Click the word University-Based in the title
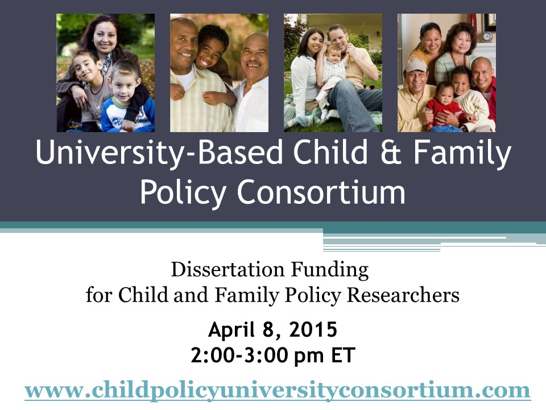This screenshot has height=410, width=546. click(x=159, y=153)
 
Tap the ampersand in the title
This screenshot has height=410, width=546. click(x=391, y=152)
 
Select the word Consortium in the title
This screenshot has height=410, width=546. click(x=321, y=192)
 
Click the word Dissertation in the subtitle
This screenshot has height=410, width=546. click(x=227, y=270)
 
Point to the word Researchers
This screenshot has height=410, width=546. click(x=403, y=295)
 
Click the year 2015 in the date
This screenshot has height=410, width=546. click(x=313, y=330)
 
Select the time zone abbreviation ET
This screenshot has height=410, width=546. click(x=343, y=355)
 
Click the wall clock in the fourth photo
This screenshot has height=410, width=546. click(x=487, y=36)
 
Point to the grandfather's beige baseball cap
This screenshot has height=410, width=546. click(x=416, y=65)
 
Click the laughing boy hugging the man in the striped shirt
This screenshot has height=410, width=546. click(x=211, y=61)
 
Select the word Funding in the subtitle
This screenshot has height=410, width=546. click(x=329, y=270)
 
